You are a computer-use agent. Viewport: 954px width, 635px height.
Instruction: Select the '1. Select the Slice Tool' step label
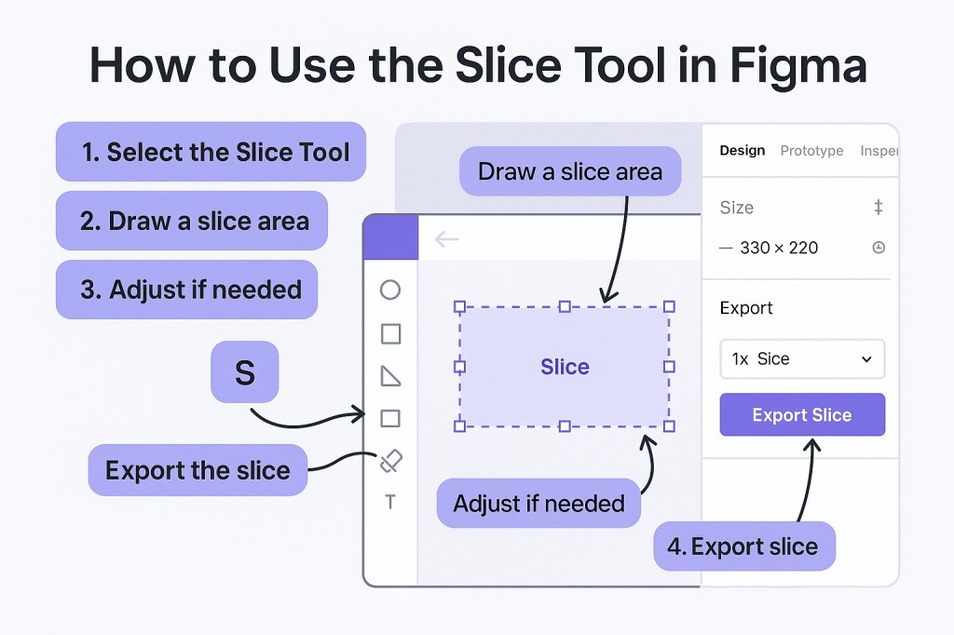(x=211, y=152)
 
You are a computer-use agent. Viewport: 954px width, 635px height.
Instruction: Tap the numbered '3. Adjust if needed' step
(x=187, y=290)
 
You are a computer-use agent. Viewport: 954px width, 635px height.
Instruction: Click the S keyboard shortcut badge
(x=244, y=372)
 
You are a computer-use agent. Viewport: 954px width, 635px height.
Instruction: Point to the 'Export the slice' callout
(x=198, y=470)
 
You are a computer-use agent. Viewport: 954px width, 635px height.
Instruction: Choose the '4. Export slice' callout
(x=744, y=547)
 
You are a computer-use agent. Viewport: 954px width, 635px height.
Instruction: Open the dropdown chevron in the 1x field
(x=866, y=359)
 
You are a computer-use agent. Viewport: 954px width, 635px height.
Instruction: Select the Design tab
(x=743, y=151)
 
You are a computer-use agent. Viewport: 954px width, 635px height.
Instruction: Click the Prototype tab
(x=811, y=151)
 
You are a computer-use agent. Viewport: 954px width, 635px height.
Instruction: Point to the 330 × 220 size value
(x=779, y=248)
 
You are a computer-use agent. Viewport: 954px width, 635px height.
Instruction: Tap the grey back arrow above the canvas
(x=447, y=239)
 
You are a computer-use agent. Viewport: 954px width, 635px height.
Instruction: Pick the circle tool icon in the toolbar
(x=390, y=290)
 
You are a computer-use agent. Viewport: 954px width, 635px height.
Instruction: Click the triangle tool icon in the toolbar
(x=390, y=376)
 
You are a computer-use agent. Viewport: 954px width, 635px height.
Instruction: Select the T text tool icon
(x=390, y=503)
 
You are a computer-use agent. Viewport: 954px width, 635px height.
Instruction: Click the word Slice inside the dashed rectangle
(x=565, y=367)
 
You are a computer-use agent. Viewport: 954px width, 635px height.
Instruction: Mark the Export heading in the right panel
(x=746, y=308)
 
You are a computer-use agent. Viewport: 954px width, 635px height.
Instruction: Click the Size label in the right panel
(x=736, y=208)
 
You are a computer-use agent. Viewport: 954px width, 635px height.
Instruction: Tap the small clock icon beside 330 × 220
(x=878, y=248)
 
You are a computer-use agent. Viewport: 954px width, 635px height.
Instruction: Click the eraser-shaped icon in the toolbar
(x=391, y=461)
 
